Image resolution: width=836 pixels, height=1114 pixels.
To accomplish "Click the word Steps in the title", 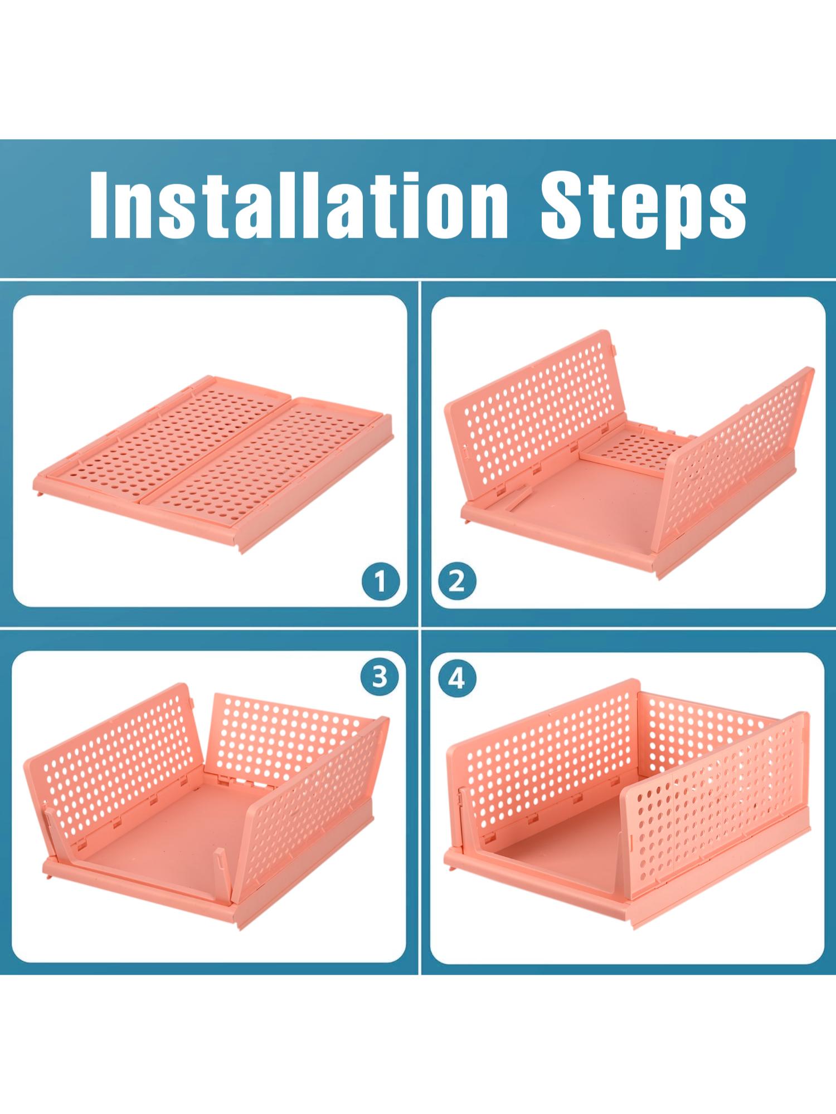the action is (644, 209).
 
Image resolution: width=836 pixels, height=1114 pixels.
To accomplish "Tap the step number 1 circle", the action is (380, 582).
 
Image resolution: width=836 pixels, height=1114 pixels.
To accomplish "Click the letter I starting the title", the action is (99, 205).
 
